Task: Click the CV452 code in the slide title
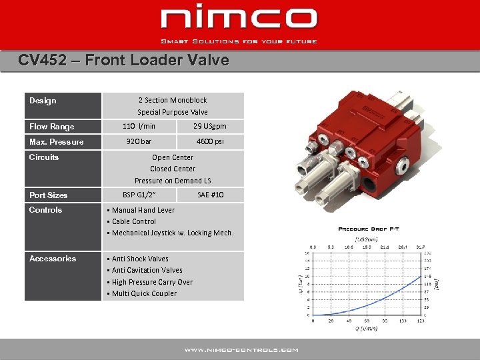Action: click(42, 60)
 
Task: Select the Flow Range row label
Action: click(52, 127)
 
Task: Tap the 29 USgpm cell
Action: click(210, 126)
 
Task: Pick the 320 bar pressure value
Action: click(139, 141)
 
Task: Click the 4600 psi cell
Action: click(210, 141)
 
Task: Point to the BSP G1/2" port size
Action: click(139, 195)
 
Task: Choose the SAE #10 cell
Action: click(211, 195)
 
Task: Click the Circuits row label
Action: click(44, 157)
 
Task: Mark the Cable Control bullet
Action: click(134, 221)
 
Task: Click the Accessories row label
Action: click(53, 259)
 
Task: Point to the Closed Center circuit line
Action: click(173, 169)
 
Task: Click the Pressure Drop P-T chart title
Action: click(369, 229)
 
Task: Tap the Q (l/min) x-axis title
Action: click(366, 329)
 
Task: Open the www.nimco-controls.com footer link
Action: click(241, 350)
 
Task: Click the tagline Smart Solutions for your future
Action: click(239, 41)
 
